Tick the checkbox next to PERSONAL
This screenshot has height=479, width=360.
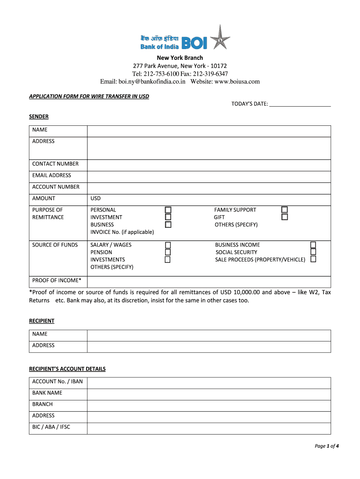tap(168, 210)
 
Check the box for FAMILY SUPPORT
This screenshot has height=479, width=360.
tap(284, 210)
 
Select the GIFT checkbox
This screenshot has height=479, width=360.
tap(284, 217)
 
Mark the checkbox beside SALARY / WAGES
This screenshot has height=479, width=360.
tap(168, 245)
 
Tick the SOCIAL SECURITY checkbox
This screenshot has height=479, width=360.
tap(313, 252)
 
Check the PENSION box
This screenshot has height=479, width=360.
tap(168, 252)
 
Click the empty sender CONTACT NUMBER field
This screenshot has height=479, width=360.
tap(209, 164)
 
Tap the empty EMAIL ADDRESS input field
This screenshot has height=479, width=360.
tap(209, 176)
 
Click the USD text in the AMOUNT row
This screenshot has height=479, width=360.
tap(96, 199)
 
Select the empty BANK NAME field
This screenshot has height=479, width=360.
tap(209, 393)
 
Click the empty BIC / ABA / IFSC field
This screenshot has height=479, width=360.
tap(209, 428)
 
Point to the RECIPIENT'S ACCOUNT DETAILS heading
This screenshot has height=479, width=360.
tap(67, 369)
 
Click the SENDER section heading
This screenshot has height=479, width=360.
tap(39, 116)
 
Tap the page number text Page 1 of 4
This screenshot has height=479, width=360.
tap(326, 446)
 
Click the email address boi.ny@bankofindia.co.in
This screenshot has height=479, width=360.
tap(152, 82)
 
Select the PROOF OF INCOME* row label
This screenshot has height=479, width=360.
tap(57, 281)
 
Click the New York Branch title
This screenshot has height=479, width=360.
tap(180, 58)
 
